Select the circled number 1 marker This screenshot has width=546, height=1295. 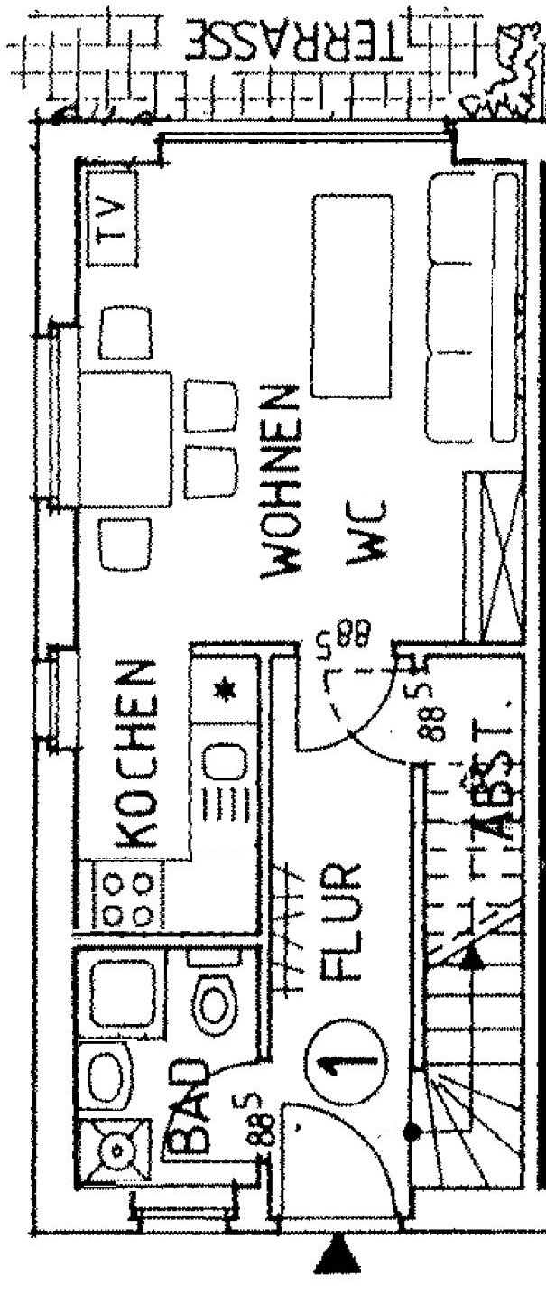point(346,1062)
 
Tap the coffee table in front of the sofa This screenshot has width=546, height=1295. point(352,295)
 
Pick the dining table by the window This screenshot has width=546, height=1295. point(126,440)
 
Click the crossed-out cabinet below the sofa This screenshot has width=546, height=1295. point(495,555)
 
